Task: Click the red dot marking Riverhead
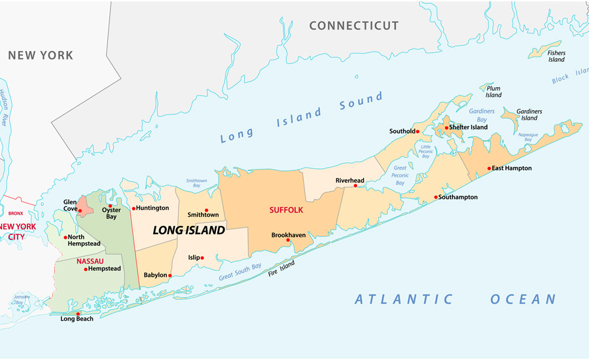click(x=355, y=186)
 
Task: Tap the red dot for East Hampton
click(x=489, y=168)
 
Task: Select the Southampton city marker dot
click(x=436, y=197)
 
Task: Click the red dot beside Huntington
click(x=134, y=208)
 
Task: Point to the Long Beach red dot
click(x=78, y=314)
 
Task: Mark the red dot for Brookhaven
click(x=288, y=240)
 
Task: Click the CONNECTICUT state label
click(x=353, y=26)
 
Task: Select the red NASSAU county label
click(x=90, y=261)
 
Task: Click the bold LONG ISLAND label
click(x=188, y=230)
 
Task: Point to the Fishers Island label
click(x=556, y=56)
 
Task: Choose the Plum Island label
click(x=493, y=92)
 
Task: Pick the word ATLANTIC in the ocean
click(x=404, y=300)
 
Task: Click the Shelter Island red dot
click(x=447, y=128)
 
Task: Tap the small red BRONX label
click(x=16, y=213)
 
